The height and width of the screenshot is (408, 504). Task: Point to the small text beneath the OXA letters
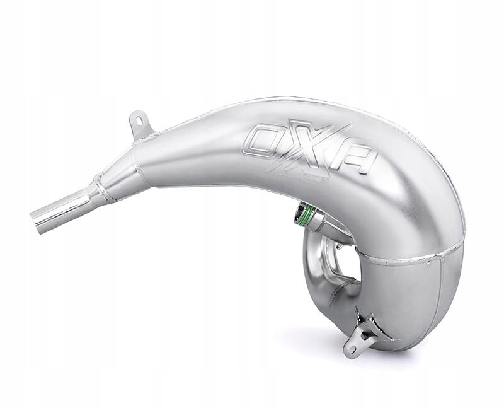pos(314,178)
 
